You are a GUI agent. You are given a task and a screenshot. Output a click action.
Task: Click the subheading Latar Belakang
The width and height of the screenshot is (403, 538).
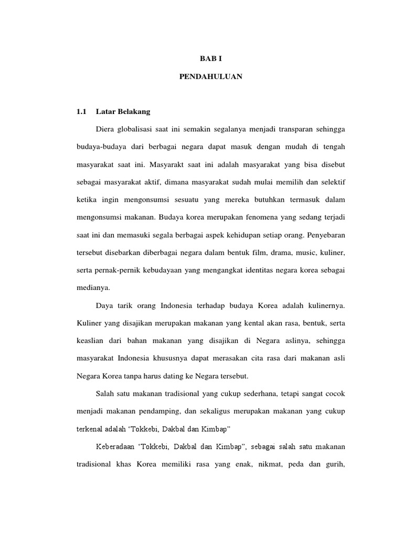point(123,111)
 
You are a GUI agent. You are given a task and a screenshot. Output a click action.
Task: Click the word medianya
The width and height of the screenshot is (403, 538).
point(93,287)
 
